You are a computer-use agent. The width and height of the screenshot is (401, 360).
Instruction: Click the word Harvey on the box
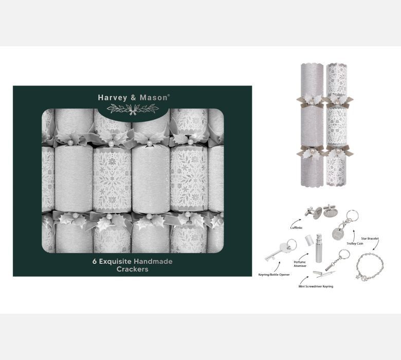pyautogui.click(x=113, y=98)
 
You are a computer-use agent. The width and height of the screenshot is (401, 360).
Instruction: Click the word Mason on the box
pyautogui.click(x=153, y=98)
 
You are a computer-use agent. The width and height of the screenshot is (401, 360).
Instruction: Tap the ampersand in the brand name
pyautogui.click(x=134, y=98)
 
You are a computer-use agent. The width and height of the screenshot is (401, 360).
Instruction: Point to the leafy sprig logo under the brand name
pyautogui.click(x=133, y=109)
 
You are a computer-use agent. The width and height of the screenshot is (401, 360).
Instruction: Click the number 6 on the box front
pyautogui.click(x=95, y=261)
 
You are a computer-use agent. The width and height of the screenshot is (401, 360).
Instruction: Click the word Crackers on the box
pyautogui.click(x=133, y=269)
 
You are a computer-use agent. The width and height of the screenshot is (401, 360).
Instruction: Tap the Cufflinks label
pyautogui.click(x=296, y=228)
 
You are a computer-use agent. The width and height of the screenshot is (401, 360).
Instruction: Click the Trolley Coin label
pyautogui.click(x=355, y=244)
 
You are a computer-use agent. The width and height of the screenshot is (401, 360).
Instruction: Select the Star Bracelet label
pyautogui.click(x=370, y=239)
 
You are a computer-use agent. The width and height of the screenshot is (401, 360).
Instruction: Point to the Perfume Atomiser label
pyautogui.click(x=300, y=264)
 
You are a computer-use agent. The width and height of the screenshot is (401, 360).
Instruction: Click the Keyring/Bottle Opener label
pyautogui.click(x=274, y=275)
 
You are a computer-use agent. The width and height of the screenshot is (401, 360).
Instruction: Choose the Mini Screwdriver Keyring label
pyautogui.click(x=316, y=286)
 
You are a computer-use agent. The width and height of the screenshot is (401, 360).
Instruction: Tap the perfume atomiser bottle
pyautogui.click(x=318, y=248)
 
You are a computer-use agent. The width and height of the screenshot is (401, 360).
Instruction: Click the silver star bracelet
pyautogui.click(x=370, y=267)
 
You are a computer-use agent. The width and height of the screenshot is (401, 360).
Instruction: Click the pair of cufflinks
pyautogui.click(x=319, y=211)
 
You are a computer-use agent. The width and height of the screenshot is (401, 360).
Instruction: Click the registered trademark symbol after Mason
pyautogui.click(x=168, y=95)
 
